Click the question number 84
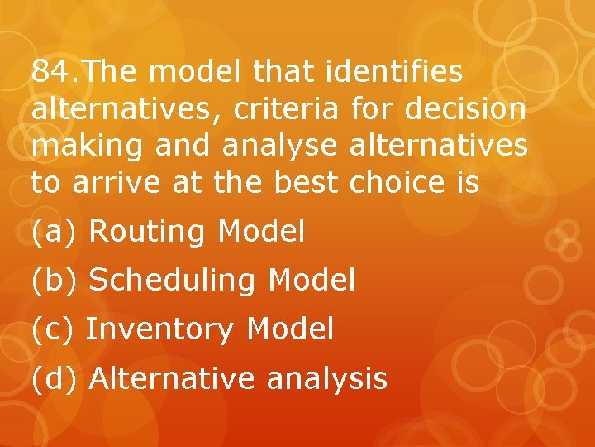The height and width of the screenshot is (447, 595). click(x=51, y=73)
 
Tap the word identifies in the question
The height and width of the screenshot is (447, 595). click(x=394, y=73)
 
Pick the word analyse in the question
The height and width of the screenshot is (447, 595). click(x=279, y=145)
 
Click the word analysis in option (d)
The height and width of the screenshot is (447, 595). click(x=326, y=379)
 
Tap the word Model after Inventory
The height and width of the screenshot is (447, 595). click(x=290, y=329)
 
